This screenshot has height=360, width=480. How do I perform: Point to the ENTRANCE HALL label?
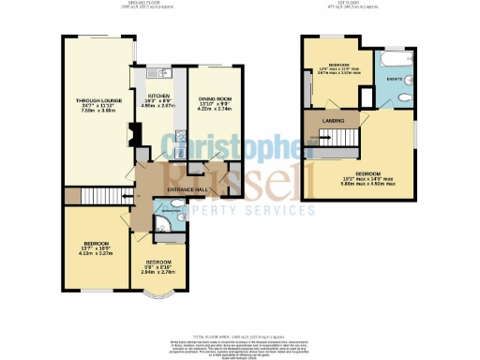pyautogui.click(x=186, y=190)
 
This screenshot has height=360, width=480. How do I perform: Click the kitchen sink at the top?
pyautogui.click(x=160, y=71)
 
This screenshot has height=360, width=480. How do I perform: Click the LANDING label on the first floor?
pyautogui.click(x=333, y=121)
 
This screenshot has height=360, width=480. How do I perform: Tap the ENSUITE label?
pyautogui.click(x=394, y=79)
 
